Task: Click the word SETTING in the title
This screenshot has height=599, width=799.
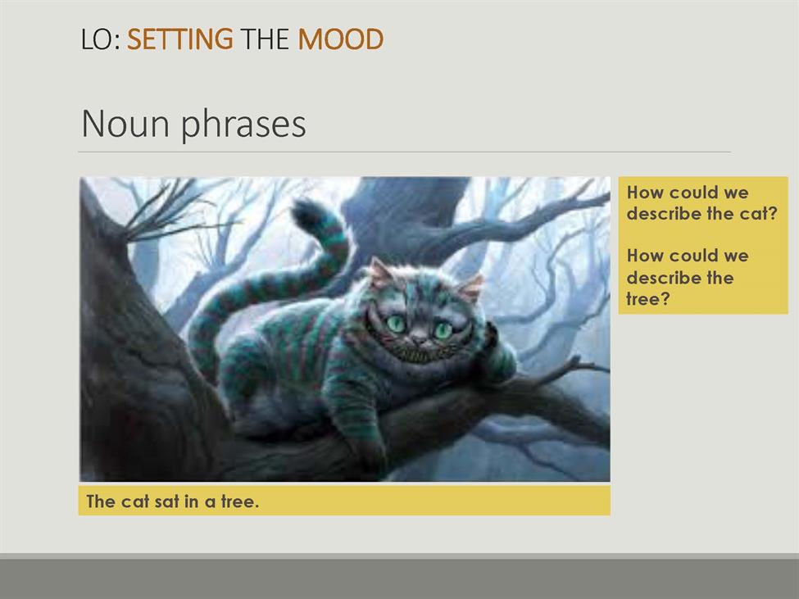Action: pyautogui.click(x=179, y=39)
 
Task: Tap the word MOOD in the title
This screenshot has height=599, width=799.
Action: pyautogui.click(x=340, y=39)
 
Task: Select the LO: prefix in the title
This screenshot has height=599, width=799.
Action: pyautogui.click(x=101, y=39)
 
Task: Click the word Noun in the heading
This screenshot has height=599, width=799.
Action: pyautogui.click(x=125, y=124)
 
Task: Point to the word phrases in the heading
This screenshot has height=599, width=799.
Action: pyautogui.click(x=243, y=125)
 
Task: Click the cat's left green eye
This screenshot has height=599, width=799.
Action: pyautogui.click(x=396, y=324)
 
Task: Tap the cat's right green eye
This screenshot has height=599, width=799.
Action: pyautogui.click(x=443, y=330)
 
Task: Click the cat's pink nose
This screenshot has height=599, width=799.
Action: pyautogui.click(x=420, y=338)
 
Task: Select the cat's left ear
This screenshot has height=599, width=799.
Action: pyautogui.click(x=380, y=272)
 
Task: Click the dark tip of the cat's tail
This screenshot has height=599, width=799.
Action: pyautogui.click(x=306, y=213)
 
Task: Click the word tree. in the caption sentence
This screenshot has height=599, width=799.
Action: pyautogui.click(x=240, y=501)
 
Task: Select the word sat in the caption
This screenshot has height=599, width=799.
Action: pyautogui.click(x=166, y=501)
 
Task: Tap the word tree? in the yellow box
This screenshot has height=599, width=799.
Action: pyautogui.click(x=647, y=298)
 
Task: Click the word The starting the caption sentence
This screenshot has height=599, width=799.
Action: pyautogui.click(x=100, y=501)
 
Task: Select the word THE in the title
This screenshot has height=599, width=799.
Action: pyautogui.click(x=265, y=39)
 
